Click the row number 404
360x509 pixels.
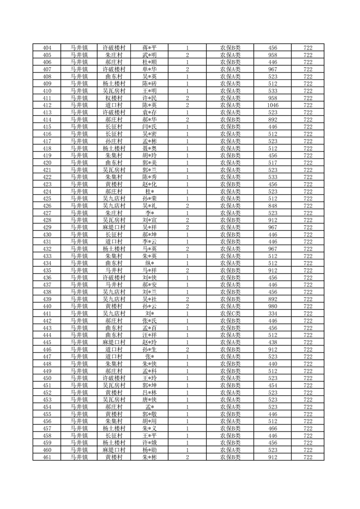[x=47, y=48]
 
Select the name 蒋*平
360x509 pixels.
[x=149, y=48]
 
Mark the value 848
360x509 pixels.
[x=273, y=206]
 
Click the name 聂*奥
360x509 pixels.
[x=149, y=148]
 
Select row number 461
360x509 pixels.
[x=47, y=457]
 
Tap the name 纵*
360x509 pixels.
[x=149, y=263]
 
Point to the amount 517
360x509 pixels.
[x=273, y=162]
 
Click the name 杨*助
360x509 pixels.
[x=149, y=450]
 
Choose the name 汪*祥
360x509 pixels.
[x=149, y=335]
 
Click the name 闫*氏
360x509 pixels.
[x=149, y=127]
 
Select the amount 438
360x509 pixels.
[x=273, y=343]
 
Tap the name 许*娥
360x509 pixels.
[x=149, y=443]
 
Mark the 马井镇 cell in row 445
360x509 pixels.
[x=79, y=343]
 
